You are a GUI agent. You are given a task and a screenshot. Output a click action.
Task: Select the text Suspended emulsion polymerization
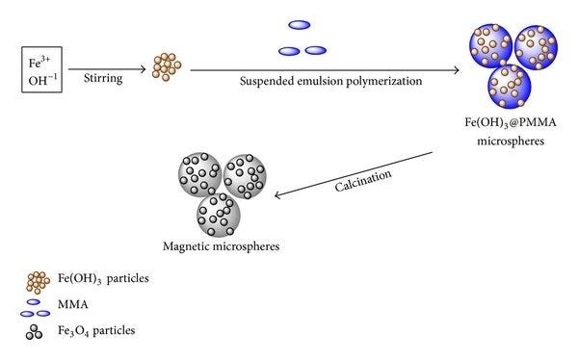point(330,82)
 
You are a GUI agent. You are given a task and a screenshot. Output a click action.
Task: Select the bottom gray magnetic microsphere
point(221,210)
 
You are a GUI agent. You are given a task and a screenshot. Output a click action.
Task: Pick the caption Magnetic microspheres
point(222,246)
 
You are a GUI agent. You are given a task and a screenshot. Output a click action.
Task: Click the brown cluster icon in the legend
point(38,282)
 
